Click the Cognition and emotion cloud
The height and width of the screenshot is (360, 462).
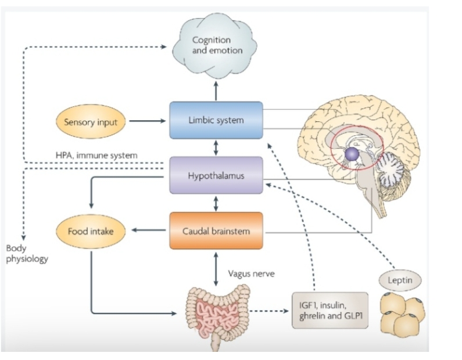pyautogui.click(x=216, y=46)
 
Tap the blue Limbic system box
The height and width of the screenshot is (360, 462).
pyautogui.click(x=216, y=120)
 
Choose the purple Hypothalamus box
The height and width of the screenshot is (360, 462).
pyautogui.click(x=216, y=174)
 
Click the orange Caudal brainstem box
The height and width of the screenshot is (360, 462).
pyautogui.click(x=216, y=231)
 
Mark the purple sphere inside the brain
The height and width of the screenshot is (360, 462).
pyautogui.click(x=352, y=154)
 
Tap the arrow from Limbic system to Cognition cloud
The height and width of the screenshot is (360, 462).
pyautogui.click(x=216, y=90)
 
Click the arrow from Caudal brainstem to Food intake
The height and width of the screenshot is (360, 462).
pyautogui.click(x=148, y=231)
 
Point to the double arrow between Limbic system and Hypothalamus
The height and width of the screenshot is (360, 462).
pyautogui.click(x=216, y=147)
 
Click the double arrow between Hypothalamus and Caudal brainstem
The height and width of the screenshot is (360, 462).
pyautogui.click(x=216, y=203)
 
